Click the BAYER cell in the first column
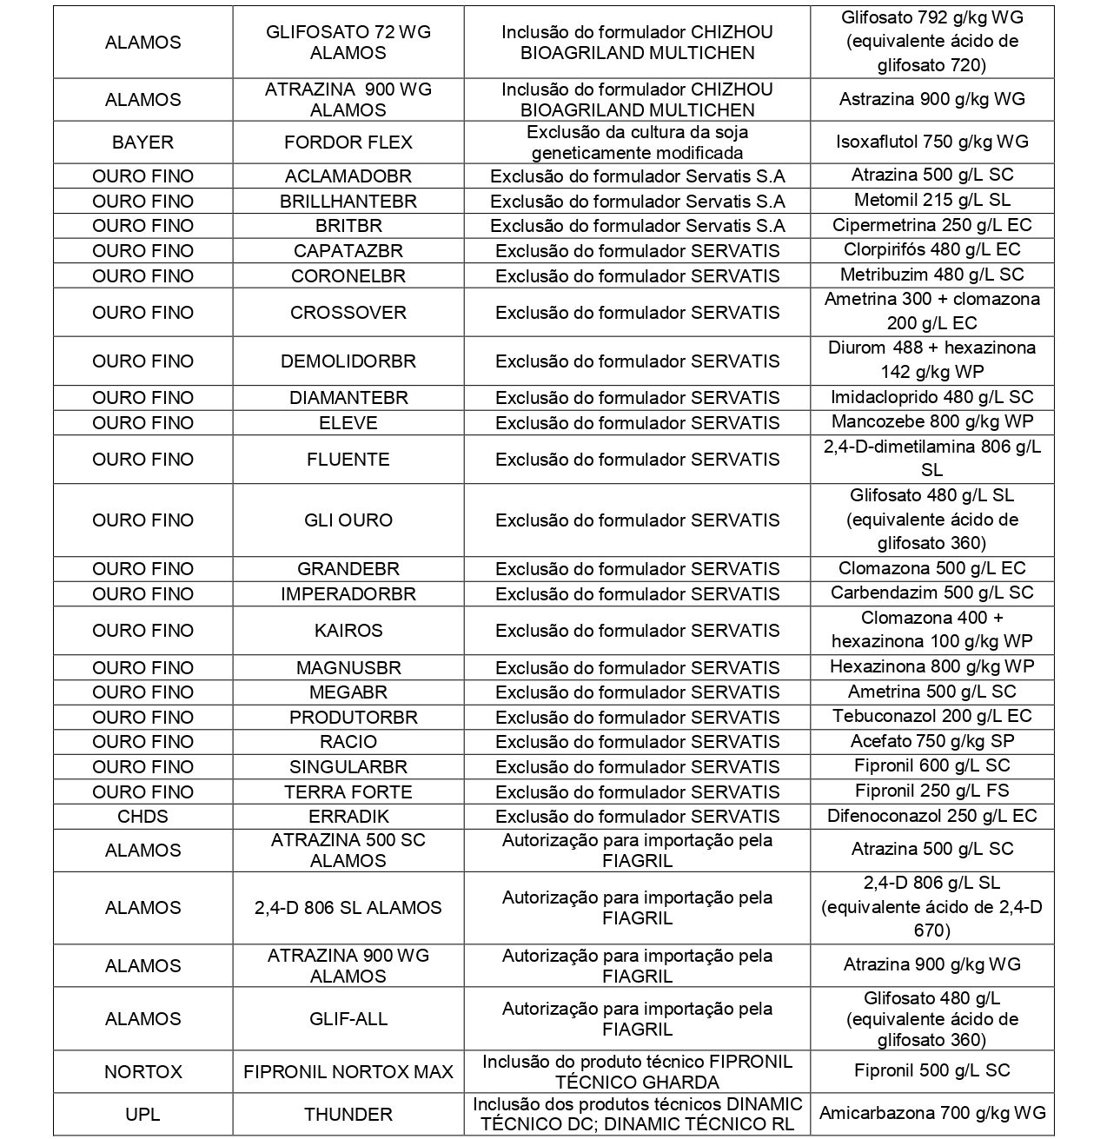coord(143,142)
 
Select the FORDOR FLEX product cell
coord(348,142)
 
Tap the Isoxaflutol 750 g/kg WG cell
coord(931,142)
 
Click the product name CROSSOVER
coord(348,313)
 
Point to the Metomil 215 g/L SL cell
coord(931,201)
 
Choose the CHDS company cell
coord(143,817)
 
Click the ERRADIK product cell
coord(348,817)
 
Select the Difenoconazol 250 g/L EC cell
coord(931,817)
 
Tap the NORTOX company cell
coord(143,1072)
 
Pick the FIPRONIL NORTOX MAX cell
coord(348,1072)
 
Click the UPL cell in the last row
coord(143,1114)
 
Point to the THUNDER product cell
coord(348,1114)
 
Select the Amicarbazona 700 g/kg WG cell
coord(931,1114)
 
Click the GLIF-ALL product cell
coord(348,1019)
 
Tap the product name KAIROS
coord(348,631)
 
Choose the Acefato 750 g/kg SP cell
coord(931,742)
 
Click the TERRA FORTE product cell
coord(348,791)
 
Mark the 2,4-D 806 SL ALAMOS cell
coord(348,908)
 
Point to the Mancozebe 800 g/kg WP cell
coord(931,423)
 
